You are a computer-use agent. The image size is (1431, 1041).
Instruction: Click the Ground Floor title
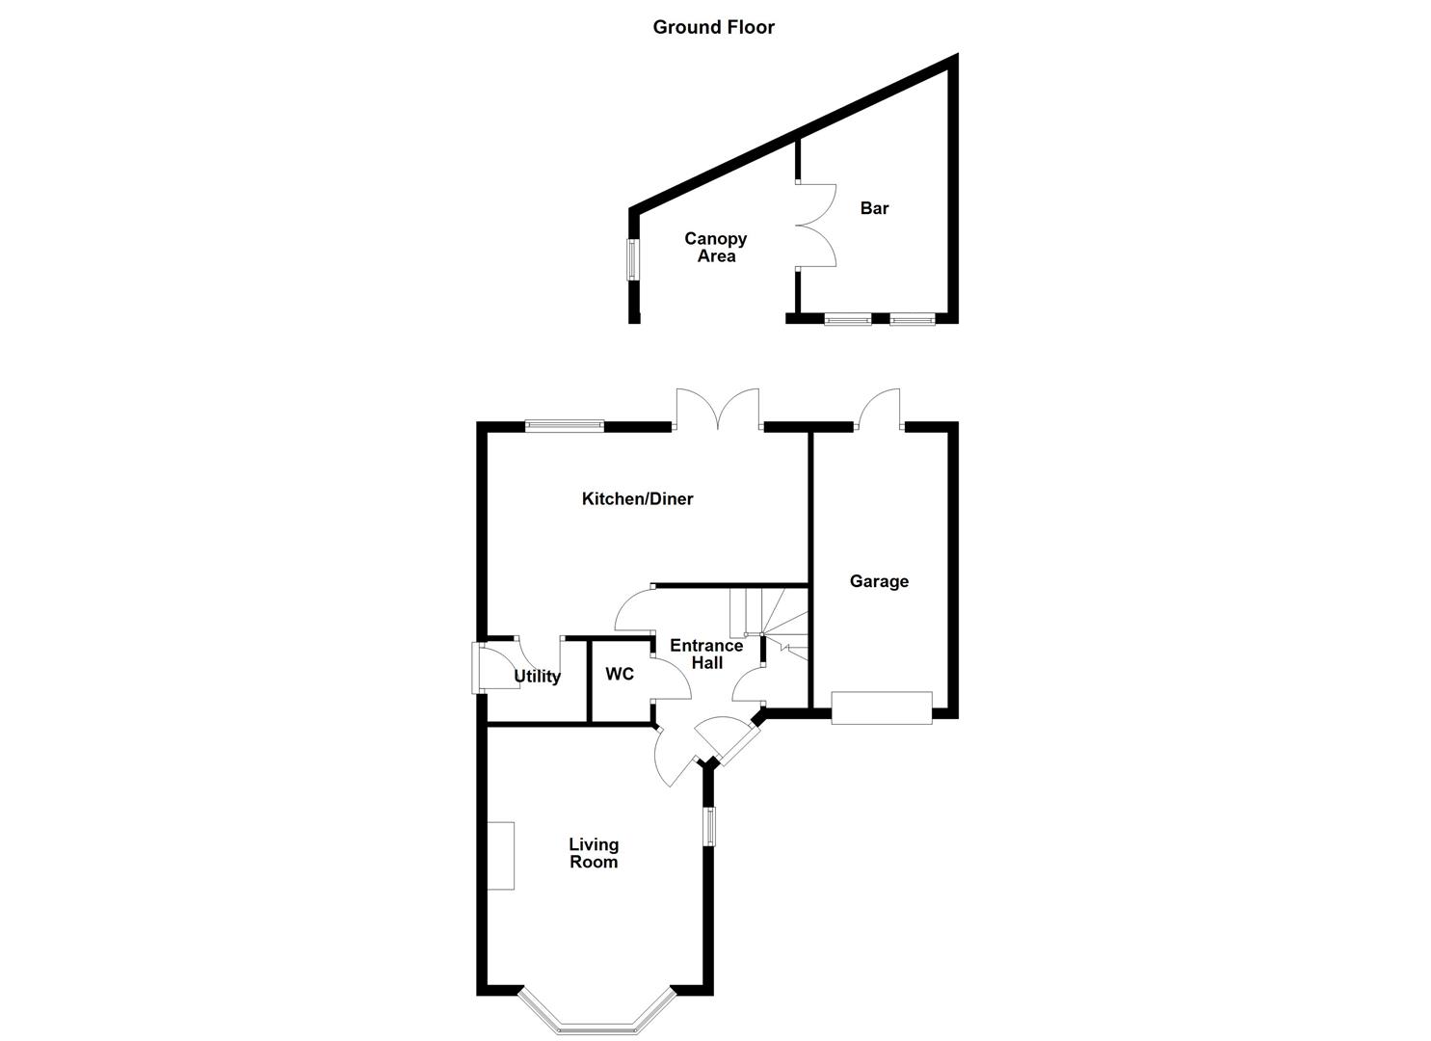713,27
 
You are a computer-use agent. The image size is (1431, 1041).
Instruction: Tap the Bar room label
874,208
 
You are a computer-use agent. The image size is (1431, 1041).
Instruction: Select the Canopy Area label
716,248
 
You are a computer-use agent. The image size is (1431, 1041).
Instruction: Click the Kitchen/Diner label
637,498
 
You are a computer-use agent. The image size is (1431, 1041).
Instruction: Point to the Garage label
879,581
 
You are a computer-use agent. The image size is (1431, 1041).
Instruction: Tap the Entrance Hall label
706,654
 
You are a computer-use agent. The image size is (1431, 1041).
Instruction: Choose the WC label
620,674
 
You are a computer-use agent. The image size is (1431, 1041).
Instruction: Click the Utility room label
537,677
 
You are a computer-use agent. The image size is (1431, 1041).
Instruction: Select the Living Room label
594,853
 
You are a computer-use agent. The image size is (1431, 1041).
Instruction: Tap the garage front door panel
882,707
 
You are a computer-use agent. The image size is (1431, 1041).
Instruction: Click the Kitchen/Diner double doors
718,410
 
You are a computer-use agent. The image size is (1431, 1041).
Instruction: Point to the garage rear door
879,409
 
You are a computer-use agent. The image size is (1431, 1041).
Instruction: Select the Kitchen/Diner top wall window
565,425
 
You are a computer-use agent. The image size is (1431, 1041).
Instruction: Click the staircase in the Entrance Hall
768,618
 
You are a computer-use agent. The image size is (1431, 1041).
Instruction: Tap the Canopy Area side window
633,259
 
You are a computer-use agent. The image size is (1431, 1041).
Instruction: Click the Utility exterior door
478,668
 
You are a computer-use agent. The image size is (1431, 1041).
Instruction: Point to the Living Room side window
710,827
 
